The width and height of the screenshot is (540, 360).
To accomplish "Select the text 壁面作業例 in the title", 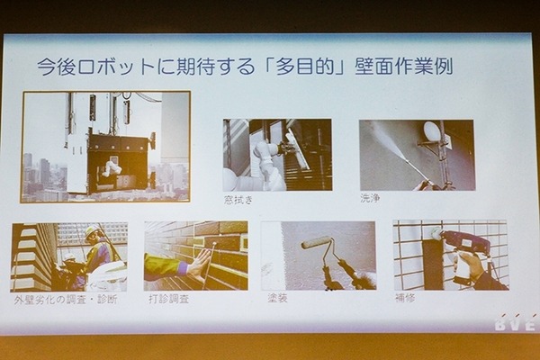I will pos(413,67).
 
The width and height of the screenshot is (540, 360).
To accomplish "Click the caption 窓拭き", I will pos(238,199).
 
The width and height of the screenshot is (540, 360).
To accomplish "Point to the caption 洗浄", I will pos(370,198).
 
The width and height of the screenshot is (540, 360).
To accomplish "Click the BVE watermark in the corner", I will pos(514,323).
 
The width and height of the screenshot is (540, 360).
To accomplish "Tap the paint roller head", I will pos(316,242).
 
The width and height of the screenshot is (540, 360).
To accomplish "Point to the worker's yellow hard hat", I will pos(92,231).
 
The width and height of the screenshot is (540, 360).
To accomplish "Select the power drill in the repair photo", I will pos(464,243).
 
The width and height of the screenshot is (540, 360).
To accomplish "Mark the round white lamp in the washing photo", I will pos(432,132).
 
